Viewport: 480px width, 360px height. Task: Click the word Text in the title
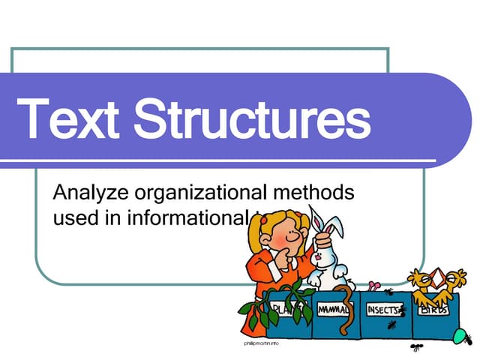point(67,119)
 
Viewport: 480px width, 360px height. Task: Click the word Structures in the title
point(259,119)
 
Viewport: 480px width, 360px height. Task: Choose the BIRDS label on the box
point(434,309)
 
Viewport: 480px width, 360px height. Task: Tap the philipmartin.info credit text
point(262,342)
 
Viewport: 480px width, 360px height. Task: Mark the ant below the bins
point(416,347)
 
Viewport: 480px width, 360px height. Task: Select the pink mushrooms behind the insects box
point(373,286)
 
